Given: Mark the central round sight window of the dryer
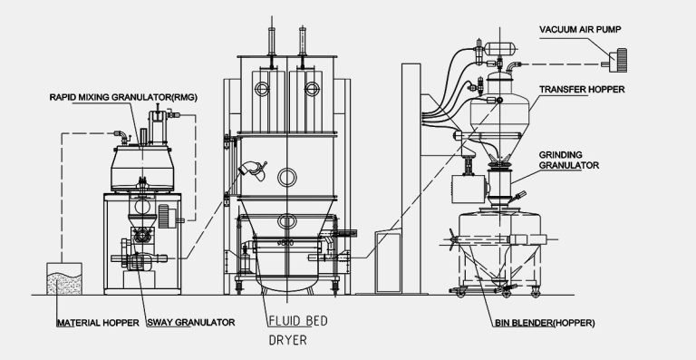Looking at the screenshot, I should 286,175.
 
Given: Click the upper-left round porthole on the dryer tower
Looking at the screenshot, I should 262,88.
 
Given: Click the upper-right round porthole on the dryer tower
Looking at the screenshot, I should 312,88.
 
